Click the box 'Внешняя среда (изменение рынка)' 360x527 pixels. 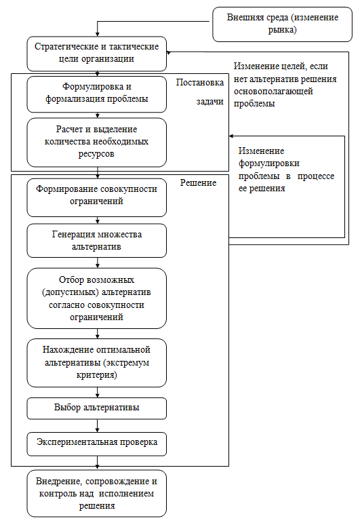tap(283, 24)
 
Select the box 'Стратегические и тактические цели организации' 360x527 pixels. tap(97, 54)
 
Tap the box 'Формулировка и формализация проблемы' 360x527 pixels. tap(97, 94)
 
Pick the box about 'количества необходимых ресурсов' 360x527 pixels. tap(97, 142)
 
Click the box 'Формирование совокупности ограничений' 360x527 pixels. tap(97, 197)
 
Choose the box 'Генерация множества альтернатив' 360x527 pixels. tap(97, 241)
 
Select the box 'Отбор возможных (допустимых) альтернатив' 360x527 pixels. tap(97, 298)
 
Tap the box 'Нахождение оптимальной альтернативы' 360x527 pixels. tap(97, 363)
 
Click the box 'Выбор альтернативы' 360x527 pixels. tap(97, 408)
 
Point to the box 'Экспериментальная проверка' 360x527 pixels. tap(97, 444)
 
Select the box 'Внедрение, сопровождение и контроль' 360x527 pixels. tap(97, 493)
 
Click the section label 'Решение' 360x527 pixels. tap(198, 183)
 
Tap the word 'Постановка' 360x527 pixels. tap(200, 82)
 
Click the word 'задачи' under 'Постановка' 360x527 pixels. tap(210, 102)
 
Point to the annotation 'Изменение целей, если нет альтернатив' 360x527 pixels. tap(285, 85)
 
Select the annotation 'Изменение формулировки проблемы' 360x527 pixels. tap(287, 170)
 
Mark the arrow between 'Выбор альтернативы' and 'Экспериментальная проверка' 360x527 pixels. tap(98, 426)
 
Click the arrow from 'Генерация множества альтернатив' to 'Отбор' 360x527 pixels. tap(98, 263)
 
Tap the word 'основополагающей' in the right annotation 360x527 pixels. tap(273, 92)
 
